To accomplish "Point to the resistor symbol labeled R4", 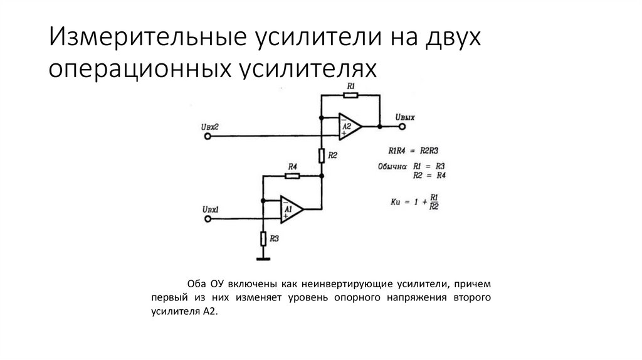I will (x=292, y=176).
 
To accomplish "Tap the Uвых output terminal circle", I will (x=402, y=127).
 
